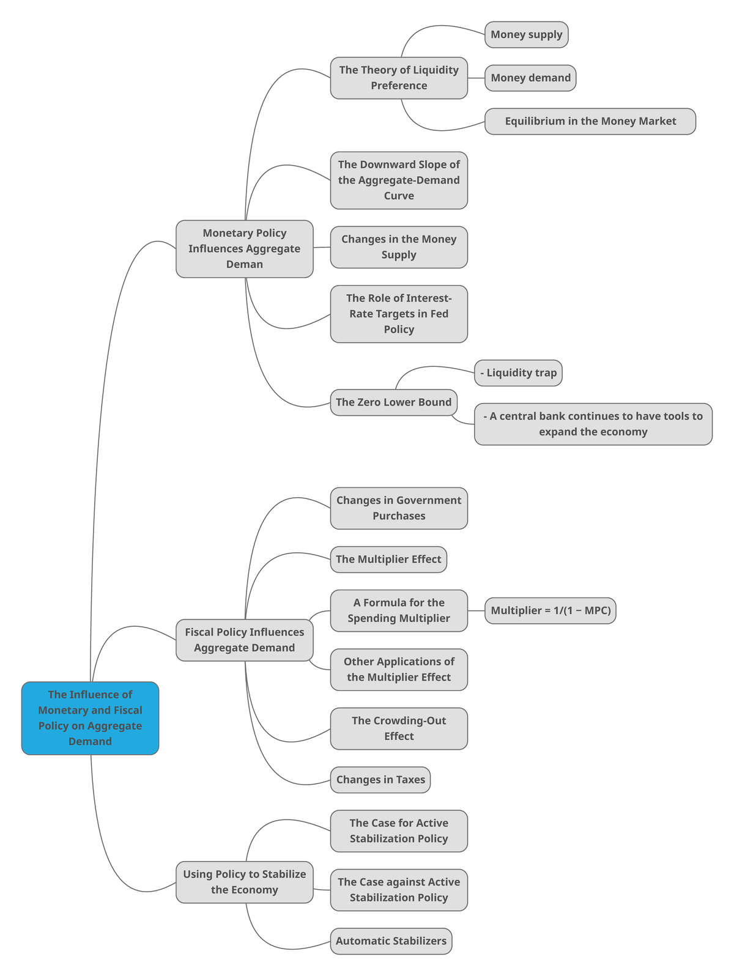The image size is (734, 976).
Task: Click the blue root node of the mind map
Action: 90,718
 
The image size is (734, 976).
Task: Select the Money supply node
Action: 526,34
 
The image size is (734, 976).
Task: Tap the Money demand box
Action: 530,78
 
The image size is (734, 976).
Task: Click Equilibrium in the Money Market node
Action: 590,121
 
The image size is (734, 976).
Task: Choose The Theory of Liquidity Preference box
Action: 399,78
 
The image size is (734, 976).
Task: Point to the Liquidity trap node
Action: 518,373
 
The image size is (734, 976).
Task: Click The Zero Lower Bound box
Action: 393,402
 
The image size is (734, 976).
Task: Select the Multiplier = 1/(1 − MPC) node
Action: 550,610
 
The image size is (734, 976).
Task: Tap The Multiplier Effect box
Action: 388,560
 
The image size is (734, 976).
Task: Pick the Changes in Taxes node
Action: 380,780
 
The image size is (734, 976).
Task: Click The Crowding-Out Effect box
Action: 399,728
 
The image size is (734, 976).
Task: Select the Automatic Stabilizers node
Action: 391,941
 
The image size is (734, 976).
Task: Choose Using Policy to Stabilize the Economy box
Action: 244,882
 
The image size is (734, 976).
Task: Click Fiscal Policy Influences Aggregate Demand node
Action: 244,640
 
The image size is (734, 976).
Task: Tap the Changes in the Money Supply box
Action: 399,247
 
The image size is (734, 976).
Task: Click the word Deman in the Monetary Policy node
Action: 244,265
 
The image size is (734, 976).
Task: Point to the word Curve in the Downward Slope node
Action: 399,196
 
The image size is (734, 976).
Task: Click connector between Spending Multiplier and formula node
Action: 476,610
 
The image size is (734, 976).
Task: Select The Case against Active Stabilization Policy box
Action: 399,890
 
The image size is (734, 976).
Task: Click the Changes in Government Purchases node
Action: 399,508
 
